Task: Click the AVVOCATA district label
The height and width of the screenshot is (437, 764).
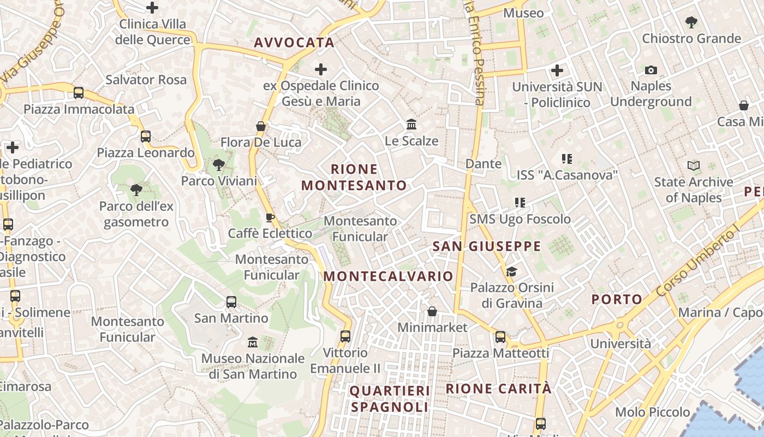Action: [294, 43]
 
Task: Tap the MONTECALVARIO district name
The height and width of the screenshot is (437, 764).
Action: [388, 276]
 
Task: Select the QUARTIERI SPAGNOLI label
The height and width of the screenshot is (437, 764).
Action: [390, 399]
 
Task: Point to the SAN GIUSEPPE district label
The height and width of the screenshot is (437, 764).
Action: [487, 246]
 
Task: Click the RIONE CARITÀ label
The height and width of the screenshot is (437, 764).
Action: [499, 389]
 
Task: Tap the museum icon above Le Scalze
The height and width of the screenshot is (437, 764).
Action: [411, 125]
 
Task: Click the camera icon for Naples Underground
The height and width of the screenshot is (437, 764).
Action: [650, 70]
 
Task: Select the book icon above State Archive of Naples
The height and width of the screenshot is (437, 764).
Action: [693, 166]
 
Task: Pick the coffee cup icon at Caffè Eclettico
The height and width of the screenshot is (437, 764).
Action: [270, 217]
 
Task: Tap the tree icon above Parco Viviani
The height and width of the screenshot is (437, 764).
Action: [219, 164]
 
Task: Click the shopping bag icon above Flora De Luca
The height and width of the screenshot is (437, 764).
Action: [261, 126]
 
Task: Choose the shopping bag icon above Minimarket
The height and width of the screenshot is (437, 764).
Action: [432, 311]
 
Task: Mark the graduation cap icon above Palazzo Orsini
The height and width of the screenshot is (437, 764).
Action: [511, 271]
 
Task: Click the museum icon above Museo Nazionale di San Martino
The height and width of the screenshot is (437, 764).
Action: [253, 342]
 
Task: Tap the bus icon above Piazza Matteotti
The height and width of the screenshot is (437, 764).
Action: [500, 337]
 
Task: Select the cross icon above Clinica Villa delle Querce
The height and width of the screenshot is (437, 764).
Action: [152, 8]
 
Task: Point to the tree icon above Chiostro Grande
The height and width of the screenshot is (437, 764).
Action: [691, 22]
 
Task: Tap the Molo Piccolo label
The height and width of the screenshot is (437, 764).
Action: [653, 412]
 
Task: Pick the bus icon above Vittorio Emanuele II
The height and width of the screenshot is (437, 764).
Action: [345, 336]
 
